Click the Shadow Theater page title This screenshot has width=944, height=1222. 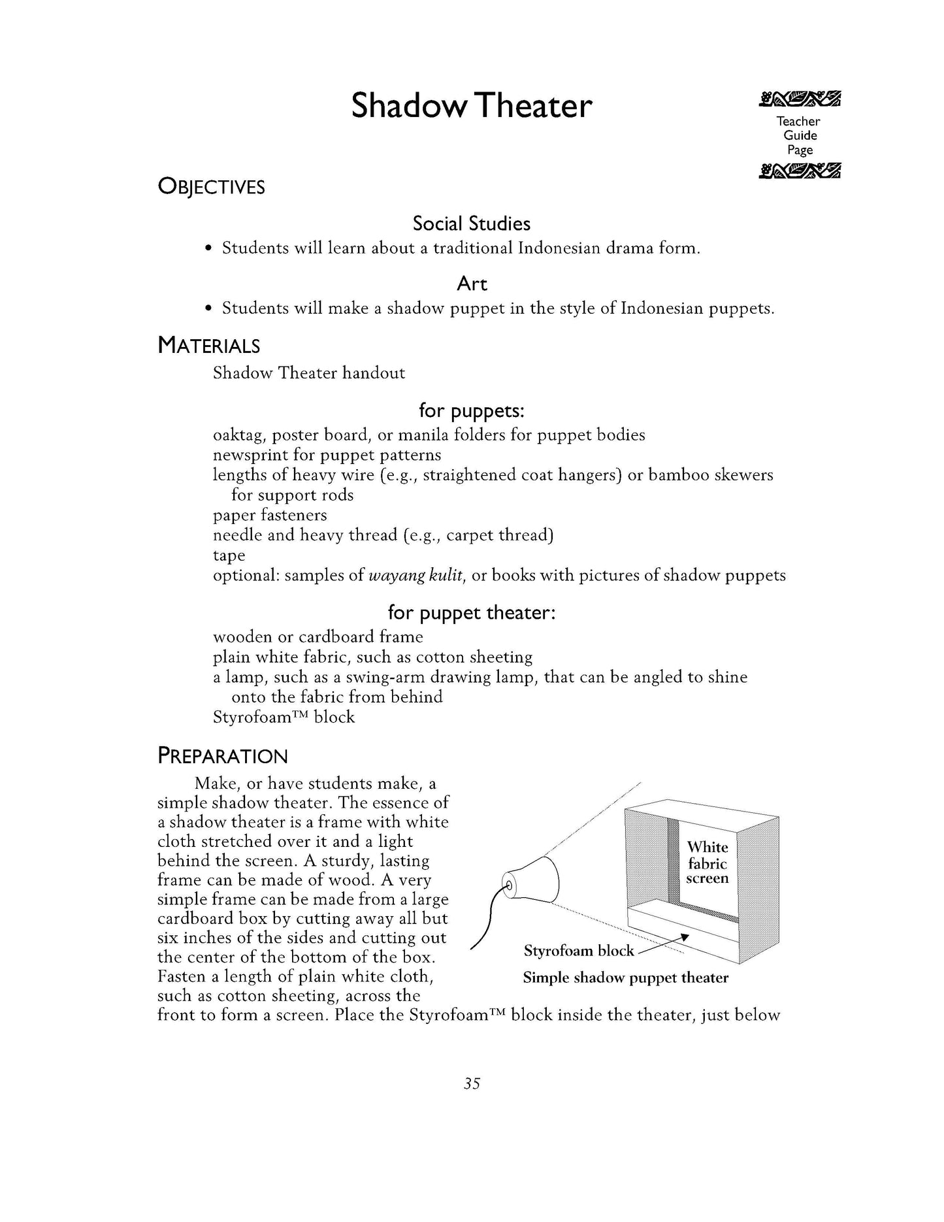tap(471, 106)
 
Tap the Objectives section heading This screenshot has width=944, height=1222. tap(211, 187)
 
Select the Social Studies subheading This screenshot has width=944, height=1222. tap(471, 223)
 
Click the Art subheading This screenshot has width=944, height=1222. tap(472, 284)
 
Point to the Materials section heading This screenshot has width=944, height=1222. tap(208, 345)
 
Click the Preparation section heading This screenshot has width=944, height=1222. tap(222, 756)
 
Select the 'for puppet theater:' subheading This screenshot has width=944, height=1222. tap(471, 612)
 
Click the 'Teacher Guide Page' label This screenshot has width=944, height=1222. tap(798, 135)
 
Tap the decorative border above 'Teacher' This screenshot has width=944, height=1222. tap(799, 99)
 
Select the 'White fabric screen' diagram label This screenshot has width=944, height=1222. tap(707, 863)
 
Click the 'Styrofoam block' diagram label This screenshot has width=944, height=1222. tap(578, 951)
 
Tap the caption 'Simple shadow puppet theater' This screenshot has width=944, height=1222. tap(625, 978)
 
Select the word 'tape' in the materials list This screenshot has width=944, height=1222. tap(229, 555)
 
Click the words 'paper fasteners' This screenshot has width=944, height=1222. tap(270, 515)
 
